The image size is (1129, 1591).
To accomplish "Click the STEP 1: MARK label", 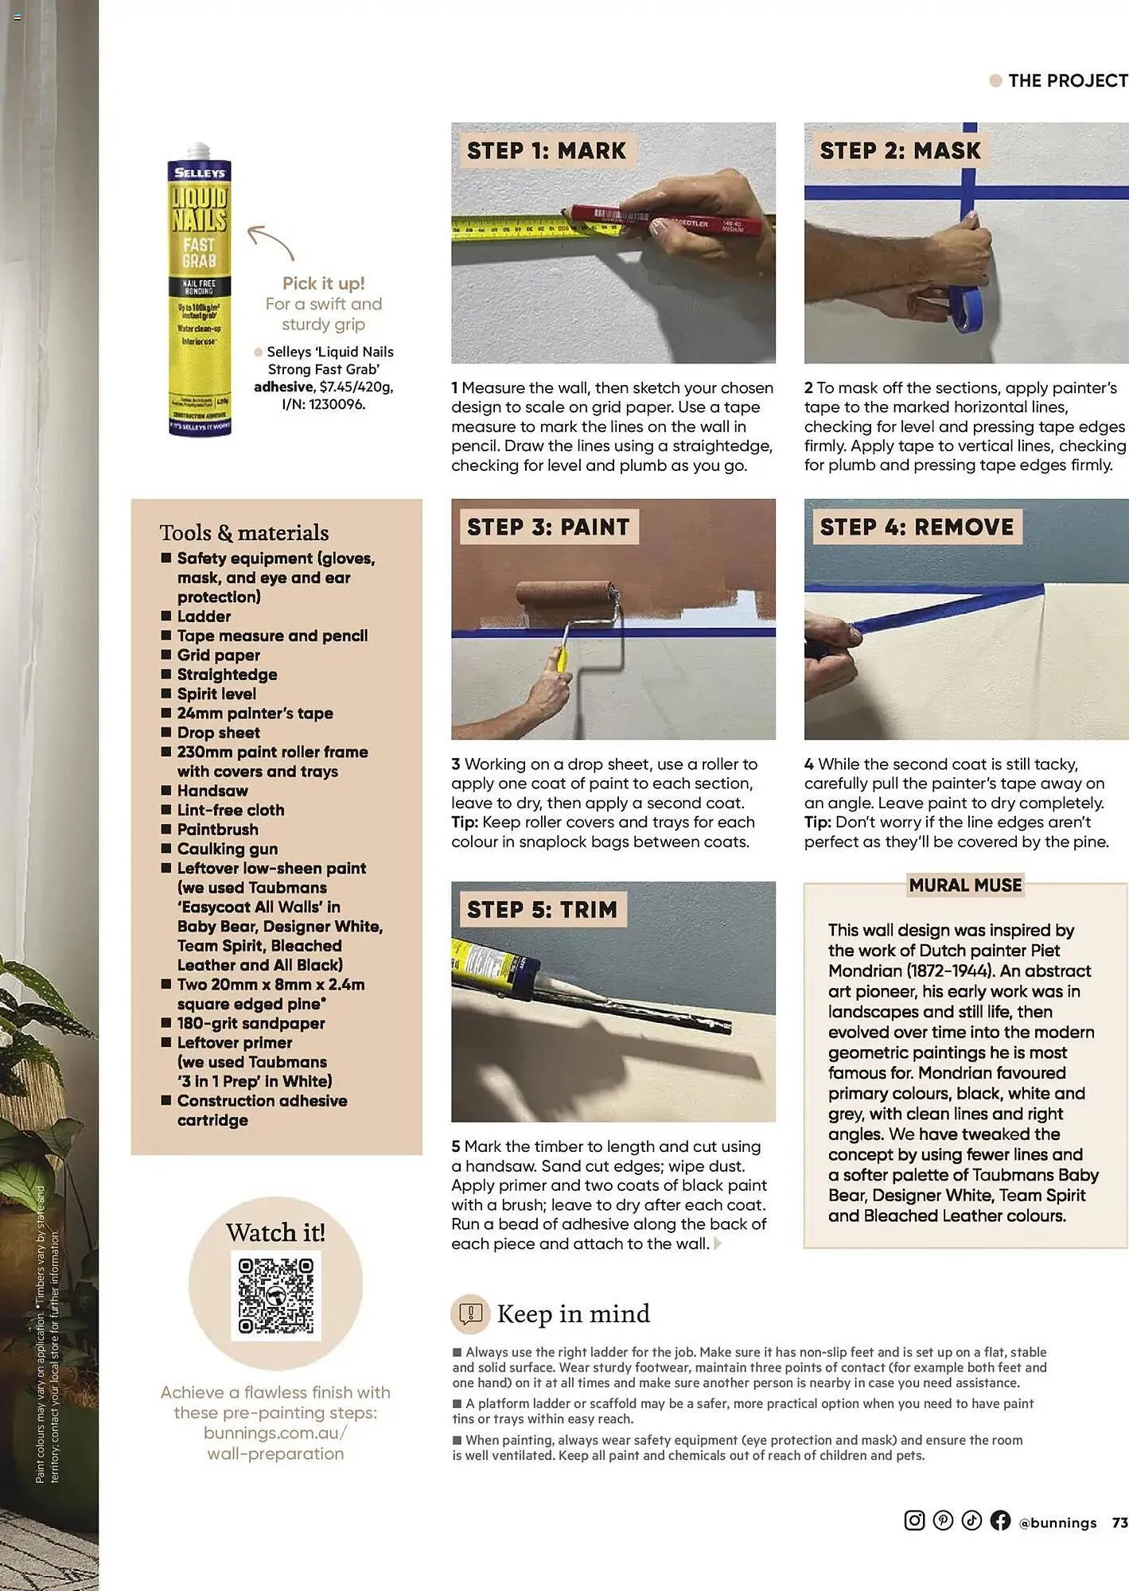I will [x=547, y=151].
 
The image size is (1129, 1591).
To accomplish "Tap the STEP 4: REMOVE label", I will [x=917, y=527].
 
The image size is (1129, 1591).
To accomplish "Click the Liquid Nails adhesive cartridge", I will [x=199, y=290].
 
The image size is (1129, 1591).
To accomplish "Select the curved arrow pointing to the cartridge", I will [x=271, y=241].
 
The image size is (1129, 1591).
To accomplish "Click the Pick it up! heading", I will [x=323, y=284].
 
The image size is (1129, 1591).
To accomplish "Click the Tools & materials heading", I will [x=244, y=533].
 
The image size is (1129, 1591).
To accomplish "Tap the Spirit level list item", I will [x=216, y=694].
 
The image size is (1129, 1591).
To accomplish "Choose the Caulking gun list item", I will [x=228, y=849].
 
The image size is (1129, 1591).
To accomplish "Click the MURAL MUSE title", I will [x=965, y=885].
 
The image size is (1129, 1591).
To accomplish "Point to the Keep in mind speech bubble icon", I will [x=470, y=1313].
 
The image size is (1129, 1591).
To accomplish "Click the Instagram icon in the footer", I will [x=914, y=1520].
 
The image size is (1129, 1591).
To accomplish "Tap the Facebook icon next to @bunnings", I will [x=1000, y=1520].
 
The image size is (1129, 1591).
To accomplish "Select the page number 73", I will [x=1119, y=1522].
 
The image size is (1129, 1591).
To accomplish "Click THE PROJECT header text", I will [x=1067, y=81].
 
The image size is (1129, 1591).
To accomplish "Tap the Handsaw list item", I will [x=212, y=791].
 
